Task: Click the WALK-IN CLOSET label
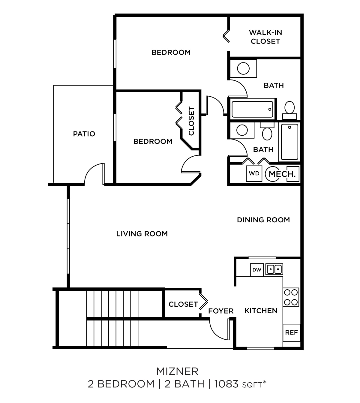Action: click(265, 37)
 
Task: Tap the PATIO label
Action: click(84, 134)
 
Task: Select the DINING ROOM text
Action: click(263, 220)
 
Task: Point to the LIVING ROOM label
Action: click(142, 234)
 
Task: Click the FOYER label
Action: click(221, 311)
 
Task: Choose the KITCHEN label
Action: click(261, 311)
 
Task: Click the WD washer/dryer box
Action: click(254, 173)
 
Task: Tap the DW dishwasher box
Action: click(257, 270)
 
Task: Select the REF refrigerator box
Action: click(291, 332)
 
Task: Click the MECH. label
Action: click(282, 174)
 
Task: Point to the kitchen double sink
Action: click(274, 269)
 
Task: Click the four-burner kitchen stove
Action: click(291, 297)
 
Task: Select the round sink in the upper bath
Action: click(243, 68)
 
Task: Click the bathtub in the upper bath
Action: click(252, 109)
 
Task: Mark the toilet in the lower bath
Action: click(267, 132)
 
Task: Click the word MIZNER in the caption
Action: click(177, 371)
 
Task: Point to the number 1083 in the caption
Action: click(226, 384)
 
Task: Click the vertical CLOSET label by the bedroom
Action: click(191, 121)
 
